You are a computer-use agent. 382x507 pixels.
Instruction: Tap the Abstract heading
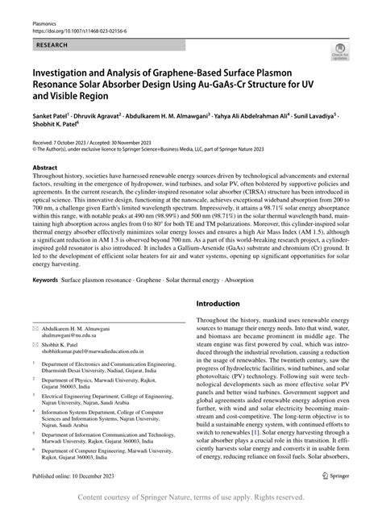[x=45, y=168]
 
